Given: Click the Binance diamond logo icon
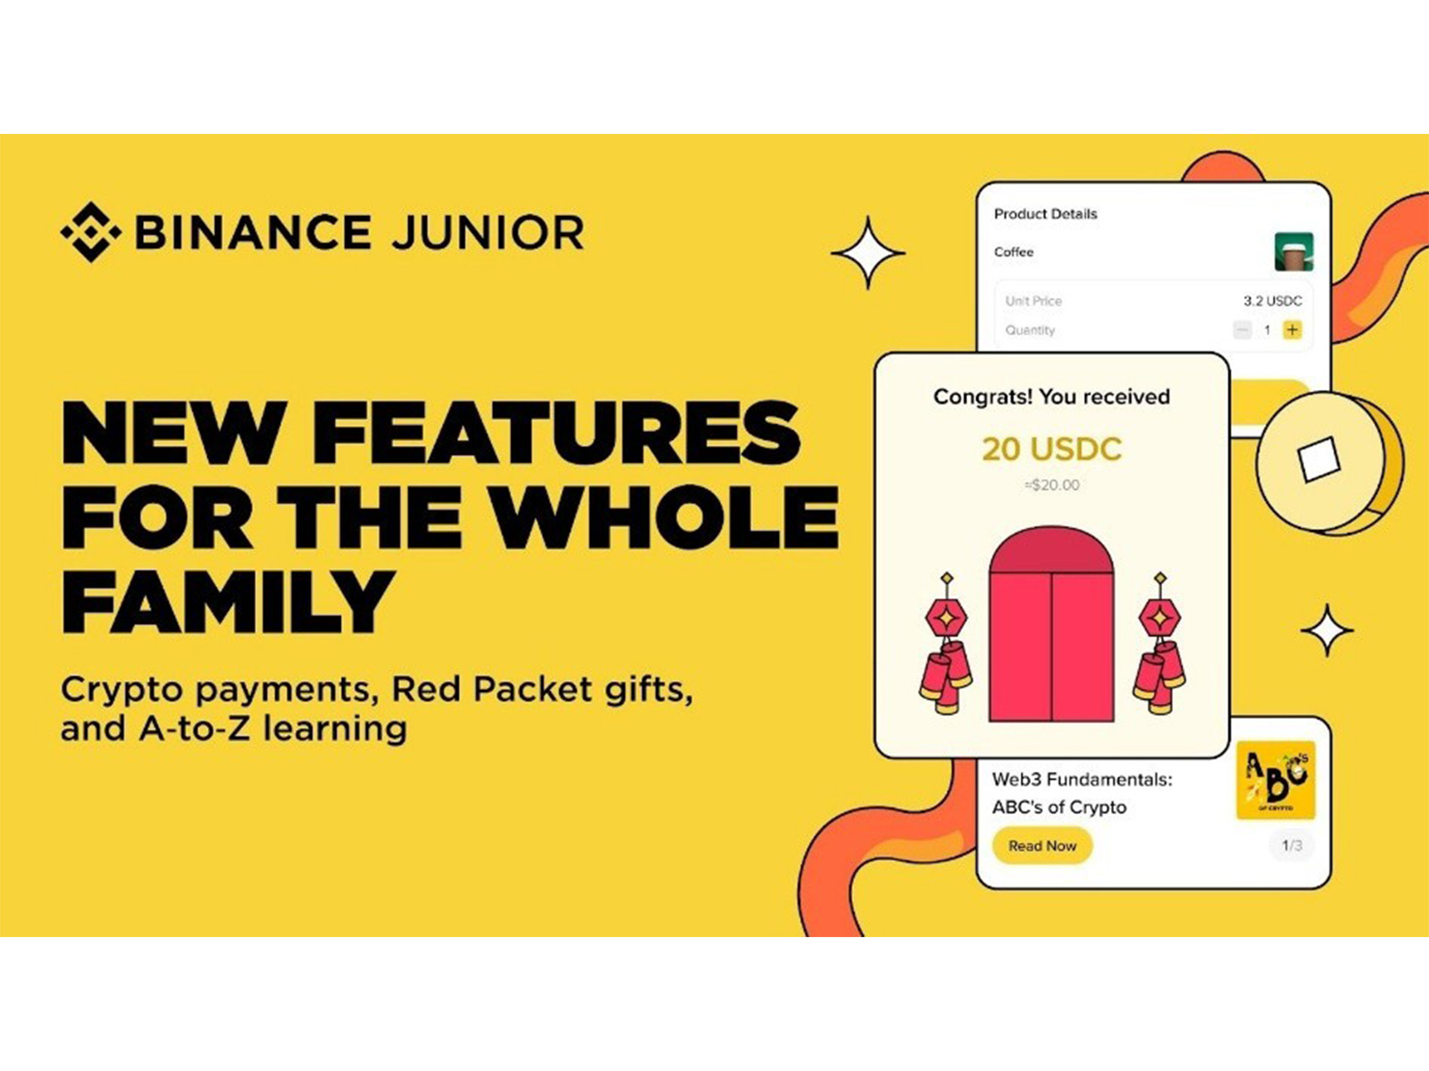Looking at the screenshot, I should [90, 232].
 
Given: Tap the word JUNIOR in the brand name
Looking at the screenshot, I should [488, 233].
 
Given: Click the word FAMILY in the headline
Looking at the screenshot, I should [229, 602].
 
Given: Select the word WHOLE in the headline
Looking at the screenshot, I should [665, 517].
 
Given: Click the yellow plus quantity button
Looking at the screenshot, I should [1291, 330].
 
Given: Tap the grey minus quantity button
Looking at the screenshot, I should [1242, 330].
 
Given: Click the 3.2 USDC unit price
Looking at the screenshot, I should [1273, 301].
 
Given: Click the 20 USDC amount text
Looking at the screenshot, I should [1051, 449].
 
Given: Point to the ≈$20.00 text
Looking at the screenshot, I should [1051, 486].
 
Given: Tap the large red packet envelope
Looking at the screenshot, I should [1051, 625].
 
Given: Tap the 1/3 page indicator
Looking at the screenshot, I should [1291, 845].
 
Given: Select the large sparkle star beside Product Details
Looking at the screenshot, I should [868, 253].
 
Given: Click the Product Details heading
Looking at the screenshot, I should [1045, 214].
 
